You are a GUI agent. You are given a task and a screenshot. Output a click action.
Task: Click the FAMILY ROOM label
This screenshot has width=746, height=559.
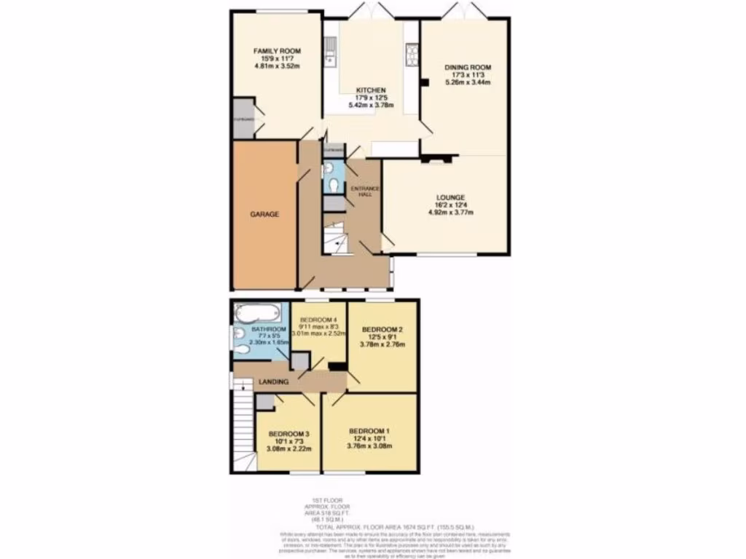click(277, 51)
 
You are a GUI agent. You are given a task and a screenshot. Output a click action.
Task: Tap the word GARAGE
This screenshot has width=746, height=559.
click(264, 215)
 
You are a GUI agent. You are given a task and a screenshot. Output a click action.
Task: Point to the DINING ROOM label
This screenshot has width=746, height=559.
click(467, 68)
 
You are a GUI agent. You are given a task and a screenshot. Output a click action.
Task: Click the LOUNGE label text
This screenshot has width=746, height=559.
click(451, 197)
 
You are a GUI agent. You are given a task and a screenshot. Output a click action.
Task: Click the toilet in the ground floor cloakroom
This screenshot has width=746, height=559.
click(334, 186)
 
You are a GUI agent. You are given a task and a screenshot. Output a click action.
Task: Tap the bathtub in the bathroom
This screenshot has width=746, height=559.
click(256, 314)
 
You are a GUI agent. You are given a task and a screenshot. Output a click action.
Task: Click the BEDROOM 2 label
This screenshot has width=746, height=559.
click(382, 330)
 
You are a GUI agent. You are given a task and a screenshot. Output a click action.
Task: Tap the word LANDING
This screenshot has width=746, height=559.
click(273, 382)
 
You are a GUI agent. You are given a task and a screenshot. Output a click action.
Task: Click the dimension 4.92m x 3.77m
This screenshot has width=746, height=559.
click(451, 213)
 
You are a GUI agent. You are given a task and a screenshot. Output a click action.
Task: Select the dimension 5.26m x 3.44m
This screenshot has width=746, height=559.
click(467, 83)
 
